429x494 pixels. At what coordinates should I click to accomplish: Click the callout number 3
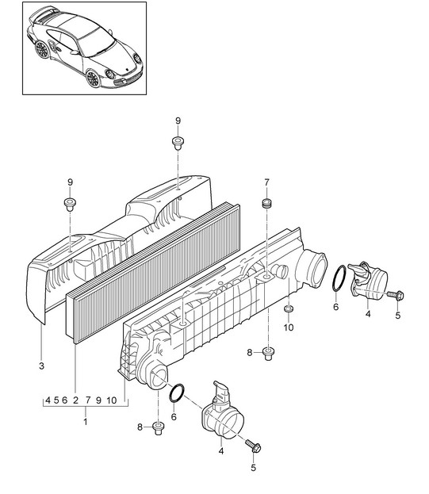click(41, 366)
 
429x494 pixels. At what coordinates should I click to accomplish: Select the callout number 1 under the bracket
click(85, 421)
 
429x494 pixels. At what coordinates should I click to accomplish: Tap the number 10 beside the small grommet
click(289, 327)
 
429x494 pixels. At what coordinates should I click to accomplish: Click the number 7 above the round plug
click(266, 182)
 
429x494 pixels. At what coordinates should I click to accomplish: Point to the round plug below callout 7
click(267, 203)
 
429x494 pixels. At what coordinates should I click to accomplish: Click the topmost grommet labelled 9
click(178, 142)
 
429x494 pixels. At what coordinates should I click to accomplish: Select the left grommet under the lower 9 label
click(70, 204)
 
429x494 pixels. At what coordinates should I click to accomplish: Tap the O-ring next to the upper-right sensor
click(339, 278)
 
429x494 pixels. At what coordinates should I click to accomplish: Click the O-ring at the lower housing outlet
click(177, 393)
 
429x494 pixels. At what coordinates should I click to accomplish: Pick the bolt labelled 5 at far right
click(396, 296)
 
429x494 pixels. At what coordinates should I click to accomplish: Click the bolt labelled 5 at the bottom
click(254, 446)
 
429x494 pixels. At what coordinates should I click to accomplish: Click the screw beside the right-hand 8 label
click(268, 354)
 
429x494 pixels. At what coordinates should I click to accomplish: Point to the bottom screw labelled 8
click(158, 428)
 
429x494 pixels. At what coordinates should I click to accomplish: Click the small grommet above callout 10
click(289, 308)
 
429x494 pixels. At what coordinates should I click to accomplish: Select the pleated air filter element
click(153, 274)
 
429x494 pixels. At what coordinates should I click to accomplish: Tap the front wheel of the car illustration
click(94, 79)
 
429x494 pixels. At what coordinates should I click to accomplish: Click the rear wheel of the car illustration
click(42, 49)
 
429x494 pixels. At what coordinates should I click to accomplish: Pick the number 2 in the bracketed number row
click(75, 400)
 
